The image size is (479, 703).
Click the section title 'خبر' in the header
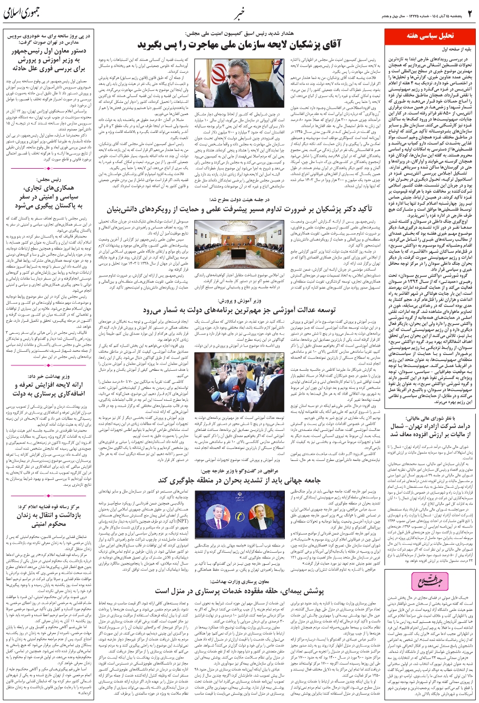pos(238,14)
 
